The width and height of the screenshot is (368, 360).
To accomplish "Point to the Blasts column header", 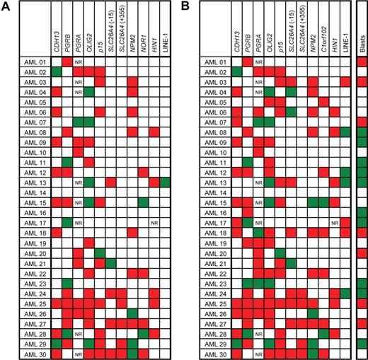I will point(362,43).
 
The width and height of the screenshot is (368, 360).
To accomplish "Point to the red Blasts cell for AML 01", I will point(362,62).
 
